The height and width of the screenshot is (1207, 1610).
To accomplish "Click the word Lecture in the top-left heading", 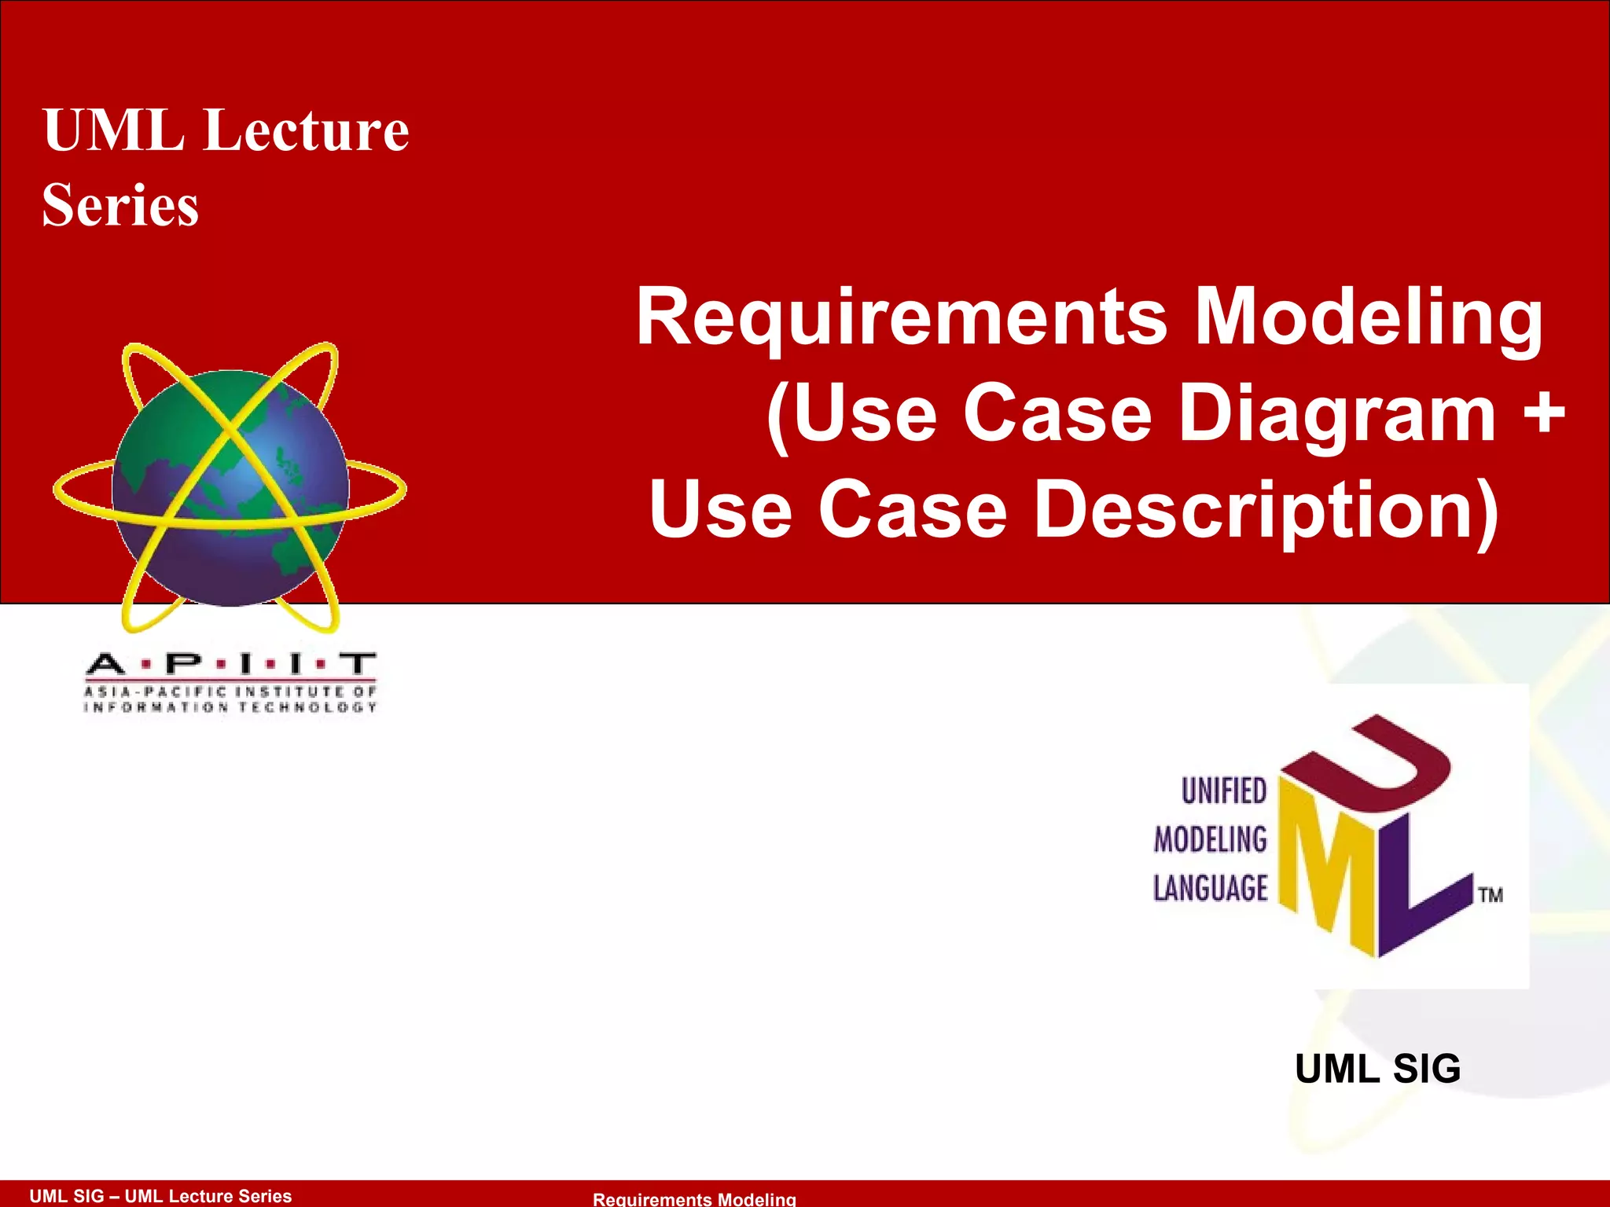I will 307,130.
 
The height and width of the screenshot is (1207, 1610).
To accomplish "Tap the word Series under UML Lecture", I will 120,206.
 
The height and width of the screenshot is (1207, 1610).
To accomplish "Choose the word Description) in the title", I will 1266,511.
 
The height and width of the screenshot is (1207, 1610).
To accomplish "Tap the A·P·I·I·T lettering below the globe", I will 230,665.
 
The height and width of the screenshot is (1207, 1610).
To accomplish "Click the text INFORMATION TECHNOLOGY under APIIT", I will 230,707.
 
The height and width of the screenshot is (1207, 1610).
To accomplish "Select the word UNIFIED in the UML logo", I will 1224,791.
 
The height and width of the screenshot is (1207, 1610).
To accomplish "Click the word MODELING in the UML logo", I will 1211,839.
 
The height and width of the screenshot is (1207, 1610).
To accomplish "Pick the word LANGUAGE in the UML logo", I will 1211,888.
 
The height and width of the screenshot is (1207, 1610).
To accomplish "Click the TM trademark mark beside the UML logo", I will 1491,895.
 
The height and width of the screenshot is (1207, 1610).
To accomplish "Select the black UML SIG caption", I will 1377,1069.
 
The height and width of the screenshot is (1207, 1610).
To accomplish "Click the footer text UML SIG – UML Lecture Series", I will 160,1196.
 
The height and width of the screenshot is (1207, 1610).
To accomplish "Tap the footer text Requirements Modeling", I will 694,1199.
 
